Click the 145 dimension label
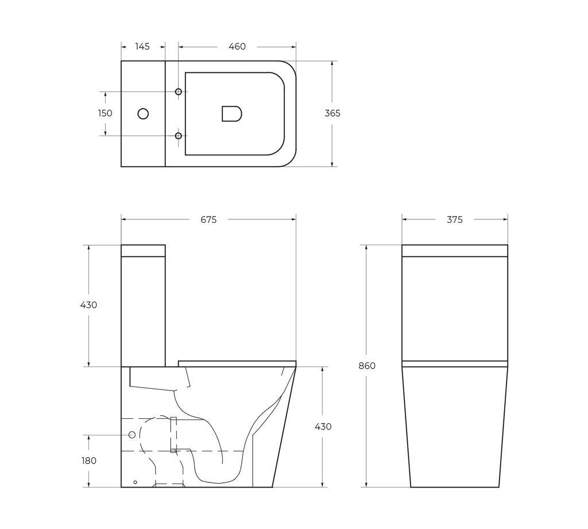click(x=142, y=47)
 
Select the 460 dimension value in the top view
click(x=237, y=47)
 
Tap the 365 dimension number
click(x=332, y=113)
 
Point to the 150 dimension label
click(x=105, y=113)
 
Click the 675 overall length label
click(x=208, y=220)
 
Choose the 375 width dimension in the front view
click(x=455, y=220)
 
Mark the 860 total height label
click(x=367, y=366)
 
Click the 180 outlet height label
click(x=89, y=461)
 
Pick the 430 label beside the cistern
click(x=88, y=305)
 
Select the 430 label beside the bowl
click(x=323, y=427)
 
